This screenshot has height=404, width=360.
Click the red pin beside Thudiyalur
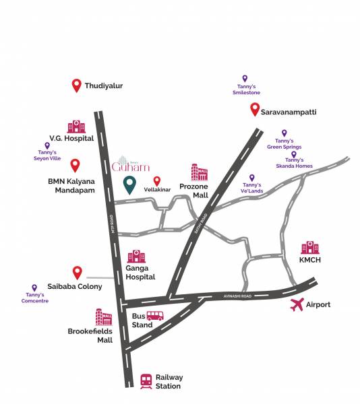[x=76, y=86]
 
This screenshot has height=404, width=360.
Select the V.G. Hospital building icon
[x=76, y=127]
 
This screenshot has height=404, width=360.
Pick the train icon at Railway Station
[x=146, y=380]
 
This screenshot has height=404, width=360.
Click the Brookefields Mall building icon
[x=104, y=317]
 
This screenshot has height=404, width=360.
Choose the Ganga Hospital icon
[x=136, y=257]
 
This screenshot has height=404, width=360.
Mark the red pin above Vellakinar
[x=157, y=180]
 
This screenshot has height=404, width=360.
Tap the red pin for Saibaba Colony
[x=77, y=273]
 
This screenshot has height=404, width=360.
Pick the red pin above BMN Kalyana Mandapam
[x=75, y=164]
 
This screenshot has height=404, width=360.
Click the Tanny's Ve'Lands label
[x=251, y=187]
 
